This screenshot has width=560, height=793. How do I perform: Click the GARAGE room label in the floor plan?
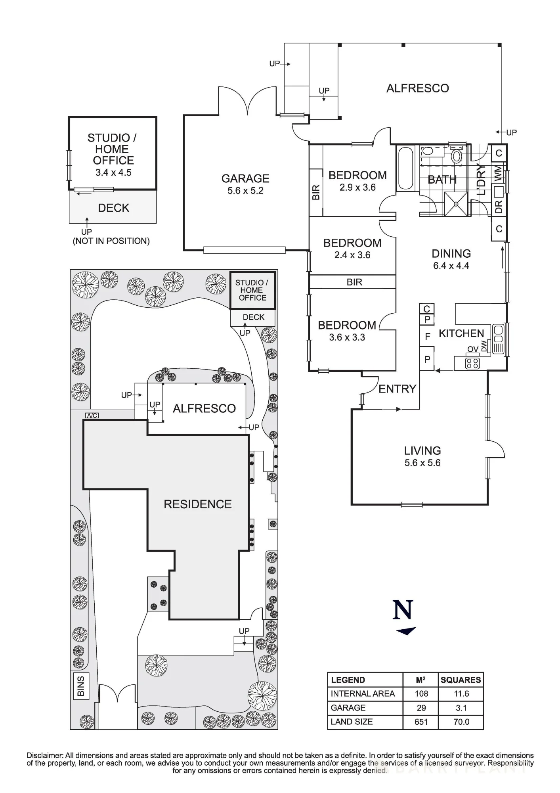[x=245, y=178]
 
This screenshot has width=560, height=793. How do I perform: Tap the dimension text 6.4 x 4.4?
[x=451, y=266]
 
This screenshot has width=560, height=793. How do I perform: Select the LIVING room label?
[x=422, y=450]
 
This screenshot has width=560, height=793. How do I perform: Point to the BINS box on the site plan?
[x=81, y=686]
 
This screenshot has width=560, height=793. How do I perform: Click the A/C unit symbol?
[x=92, y=416]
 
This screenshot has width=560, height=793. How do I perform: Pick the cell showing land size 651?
[x=421, y=722]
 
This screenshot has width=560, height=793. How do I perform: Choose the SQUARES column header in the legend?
[x=461, y=680]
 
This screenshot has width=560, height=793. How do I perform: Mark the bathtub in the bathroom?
[x=406, y=169]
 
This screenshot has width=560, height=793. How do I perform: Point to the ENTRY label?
[x=397, y=389]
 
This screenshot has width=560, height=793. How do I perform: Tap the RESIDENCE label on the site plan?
[x=198, y=504]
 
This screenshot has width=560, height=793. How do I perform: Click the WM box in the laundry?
[x=499, y=172]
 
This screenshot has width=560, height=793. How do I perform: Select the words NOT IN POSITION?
[x=111, y=241]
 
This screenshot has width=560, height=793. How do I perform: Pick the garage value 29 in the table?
[x=421, y=708]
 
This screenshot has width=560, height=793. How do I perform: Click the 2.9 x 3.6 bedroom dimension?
[x=357, y=188]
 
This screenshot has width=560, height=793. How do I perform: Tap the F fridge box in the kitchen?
[x=427, y=337]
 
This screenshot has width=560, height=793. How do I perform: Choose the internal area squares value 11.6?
[x=461, y=694]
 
